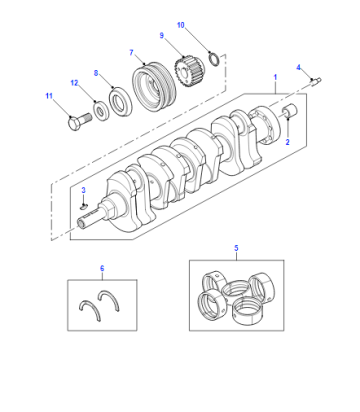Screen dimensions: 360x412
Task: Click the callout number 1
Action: click(x=275, y=77)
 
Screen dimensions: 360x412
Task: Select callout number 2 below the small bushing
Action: click(x=287, y=142)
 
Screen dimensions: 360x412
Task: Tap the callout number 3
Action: click(x=84, y=190)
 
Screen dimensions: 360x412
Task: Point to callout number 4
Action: click(x=299, y=68)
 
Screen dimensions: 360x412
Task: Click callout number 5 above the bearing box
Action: click(x=236, y=248)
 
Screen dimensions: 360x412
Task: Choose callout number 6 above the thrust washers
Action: click(x=102, y=268)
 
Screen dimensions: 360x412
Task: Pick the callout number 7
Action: click(x=131, y=53)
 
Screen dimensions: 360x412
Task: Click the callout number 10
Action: click(x=181, y=25)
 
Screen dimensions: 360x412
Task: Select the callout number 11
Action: click(x=49, y=96)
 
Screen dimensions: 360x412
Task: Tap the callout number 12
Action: click(x=74, y=83)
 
